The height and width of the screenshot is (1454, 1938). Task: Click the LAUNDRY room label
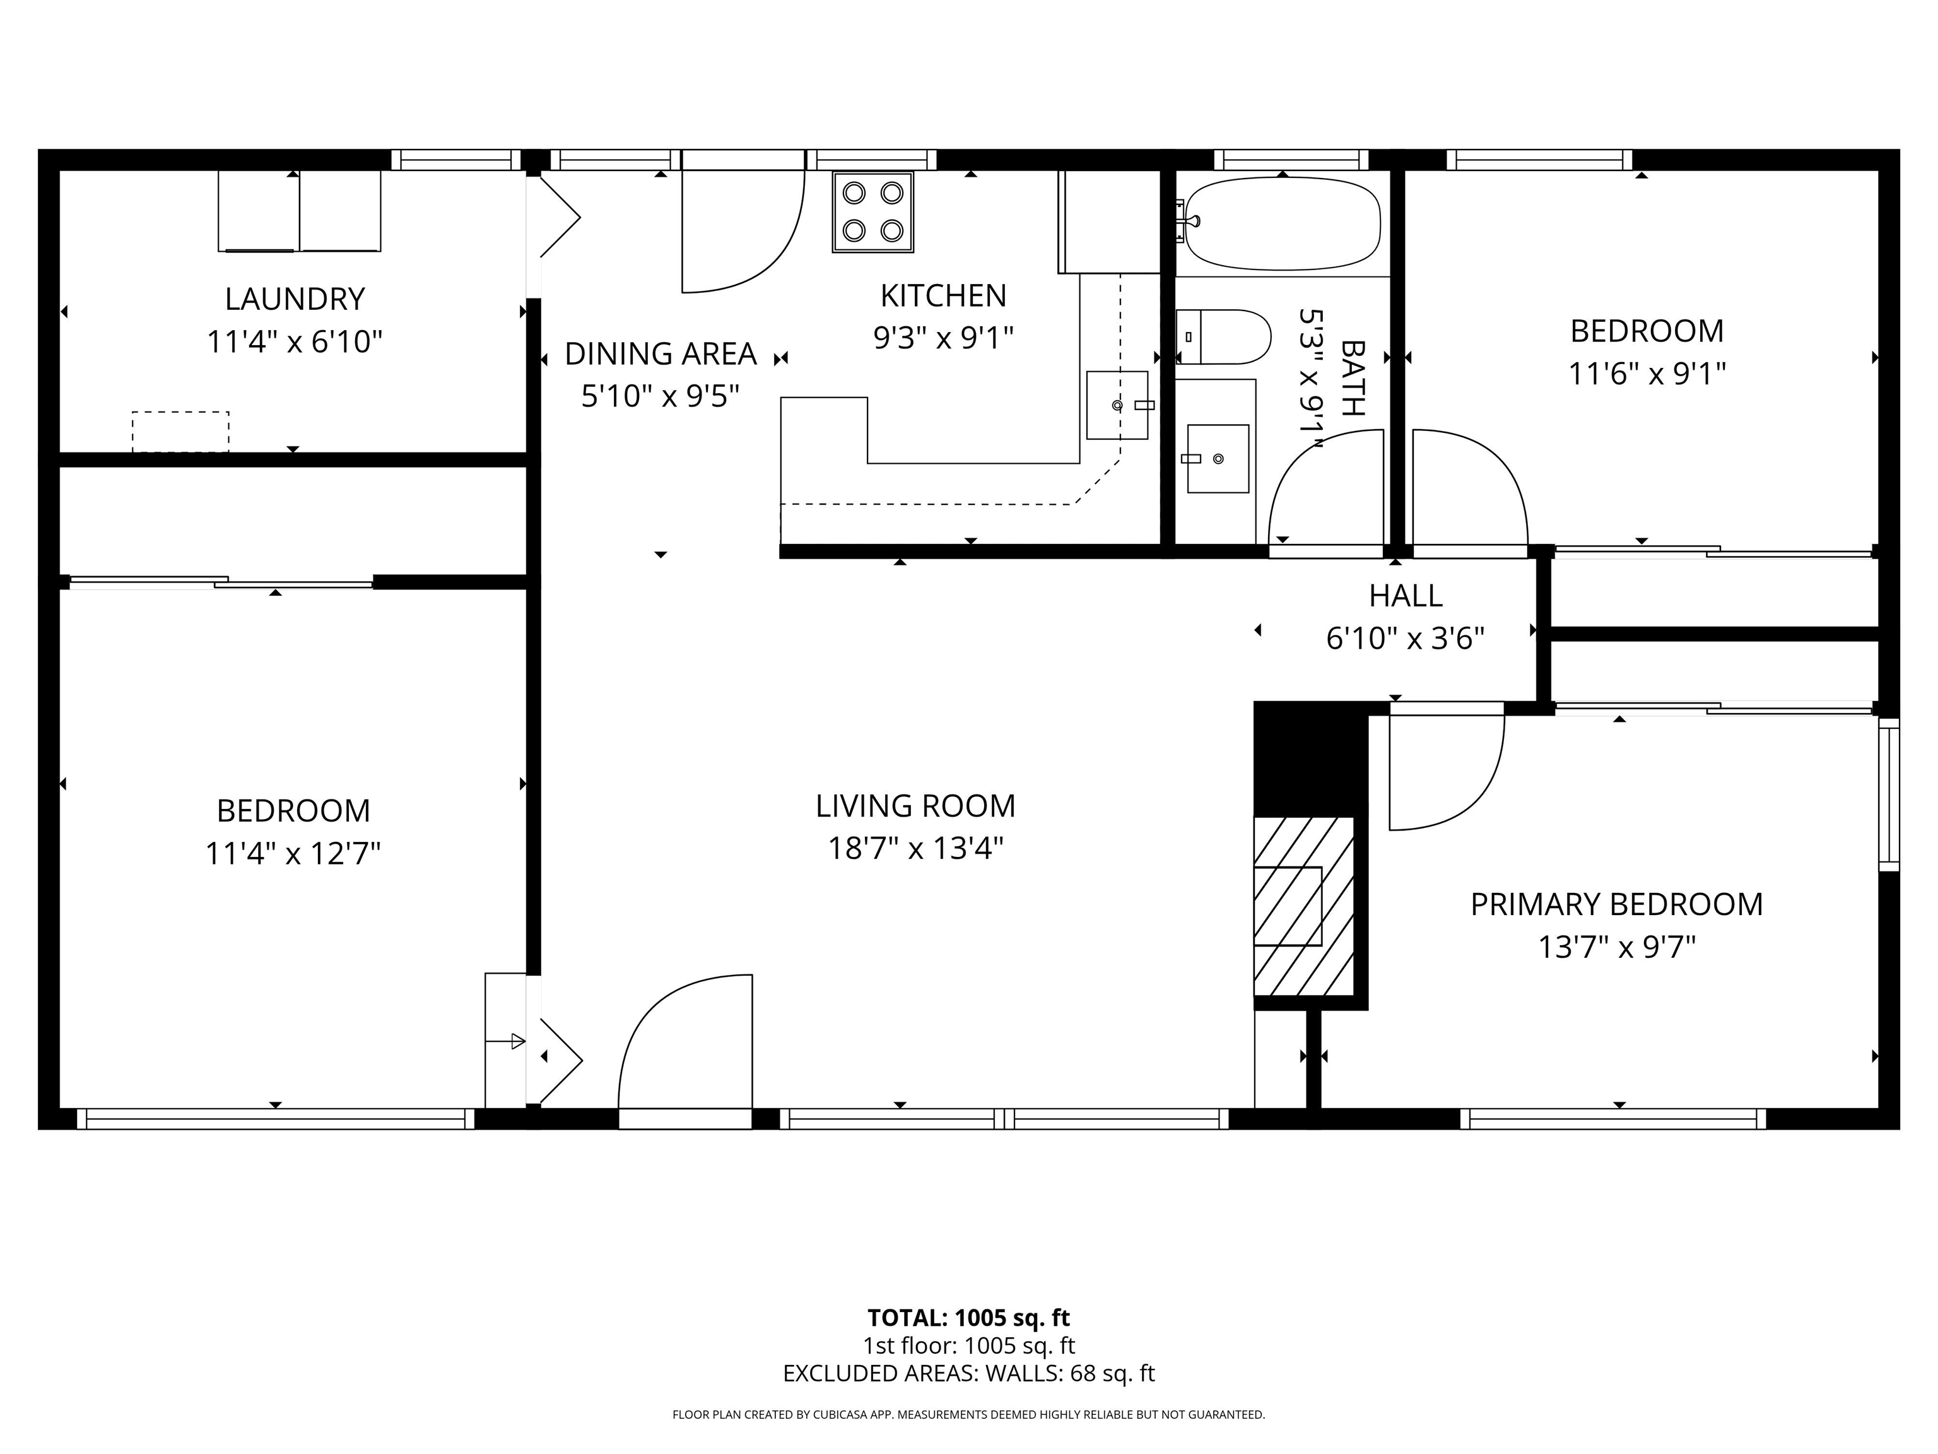[x=295, y=300]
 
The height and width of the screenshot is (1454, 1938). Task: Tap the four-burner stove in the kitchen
[x=872, y=212]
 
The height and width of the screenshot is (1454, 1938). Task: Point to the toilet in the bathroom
[x=1224, y=336]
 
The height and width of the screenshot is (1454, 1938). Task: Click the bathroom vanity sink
[x=1217, y=458]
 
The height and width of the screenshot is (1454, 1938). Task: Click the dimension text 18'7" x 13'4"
[x=915, y=848]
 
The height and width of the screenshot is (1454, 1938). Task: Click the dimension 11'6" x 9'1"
[x=1647, y=374]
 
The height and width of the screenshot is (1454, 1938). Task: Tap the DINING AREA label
[x=660, y=354]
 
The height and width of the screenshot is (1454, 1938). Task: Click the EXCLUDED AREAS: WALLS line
[x=968, y=1373]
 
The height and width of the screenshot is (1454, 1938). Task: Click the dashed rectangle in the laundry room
[x=180, y=431]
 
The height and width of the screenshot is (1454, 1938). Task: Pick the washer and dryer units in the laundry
[x=299, y=211]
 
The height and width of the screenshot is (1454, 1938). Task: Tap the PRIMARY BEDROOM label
[x=1616, y=904]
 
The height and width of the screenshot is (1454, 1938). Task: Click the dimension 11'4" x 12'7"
[x=293, y=853]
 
